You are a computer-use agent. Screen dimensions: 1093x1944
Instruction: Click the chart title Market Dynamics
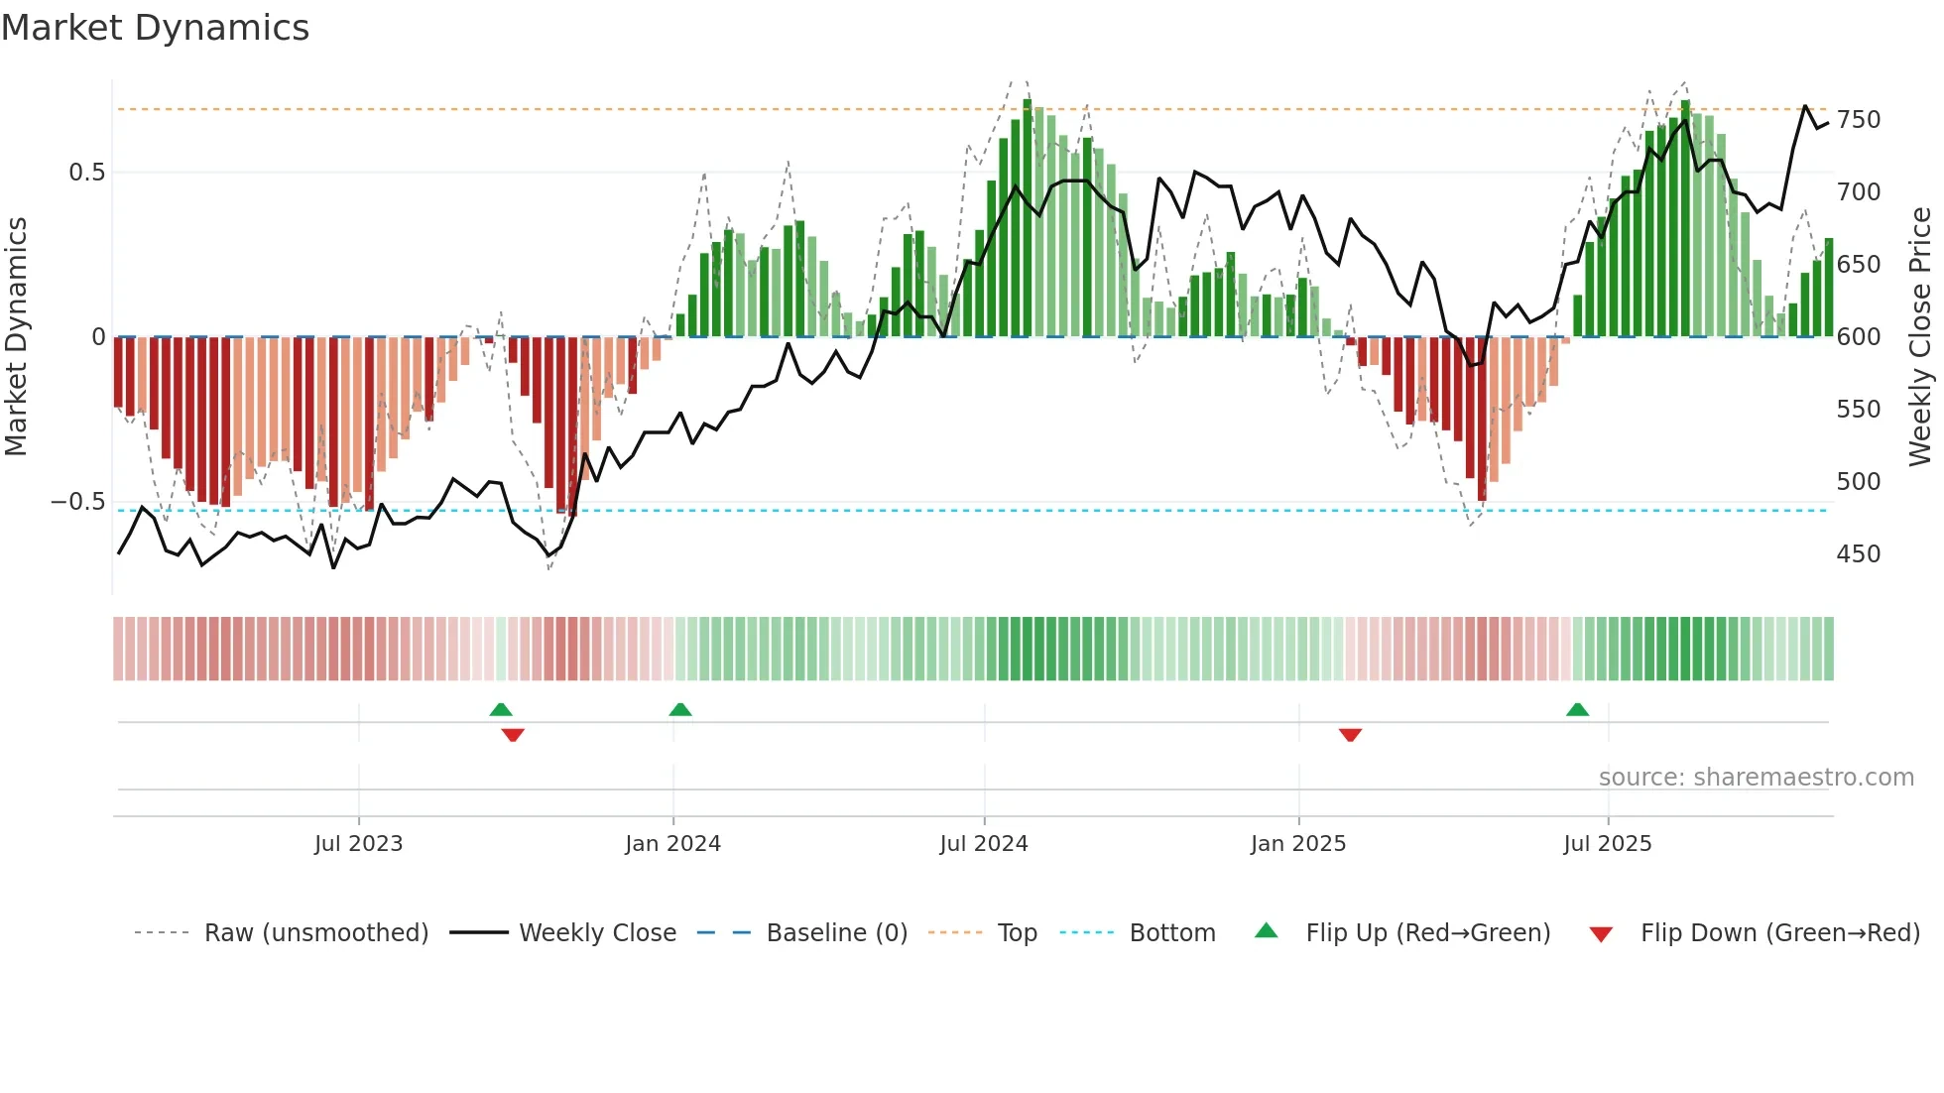tap(155, 28)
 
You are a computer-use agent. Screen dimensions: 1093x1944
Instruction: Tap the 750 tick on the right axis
tap(1858, 120)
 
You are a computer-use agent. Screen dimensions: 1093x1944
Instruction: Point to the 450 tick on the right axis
tap(1858, 554)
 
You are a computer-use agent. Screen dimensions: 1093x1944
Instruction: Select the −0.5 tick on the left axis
tap(78, 502)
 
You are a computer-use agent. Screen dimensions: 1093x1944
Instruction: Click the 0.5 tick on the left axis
tap(86, 173)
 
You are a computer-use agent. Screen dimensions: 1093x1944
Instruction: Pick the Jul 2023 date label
tap(358, 844)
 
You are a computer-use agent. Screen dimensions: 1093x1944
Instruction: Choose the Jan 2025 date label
tap(1297, 844)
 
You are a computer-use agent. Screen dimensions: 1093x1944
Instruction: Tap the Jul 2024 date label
tap(983, 844)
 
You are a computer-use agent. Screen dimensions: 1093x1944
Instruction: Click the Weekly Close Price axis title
tap(1920, 337)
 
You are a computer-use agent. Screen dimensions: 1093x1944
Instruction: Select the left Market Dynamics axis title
tap(16, 337)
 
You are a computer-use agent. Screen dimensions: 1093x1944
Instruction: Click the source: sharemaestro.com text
tap(1756, 778)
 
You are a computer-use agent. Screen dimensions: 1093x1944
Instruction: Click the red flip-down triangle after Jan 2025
tap(1350, 735)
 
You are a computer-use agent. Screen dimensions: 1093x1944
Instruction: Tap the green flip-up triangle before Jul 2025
tap(1577, 709)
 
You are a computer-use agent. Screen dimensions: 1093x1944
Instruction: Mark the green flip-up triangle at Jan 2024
tap(680, 709)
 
